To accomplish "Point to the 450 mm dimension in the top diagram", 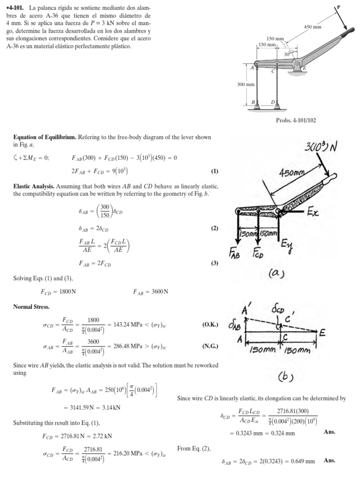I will click(313, 27).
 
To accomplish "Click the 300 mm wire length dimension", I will click(245, 84).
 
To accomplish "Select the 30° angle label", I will click(287, 54).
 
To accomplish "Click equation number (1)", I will click(215, 171).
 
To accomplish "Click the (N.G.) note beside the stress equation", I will click(210, 347).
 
